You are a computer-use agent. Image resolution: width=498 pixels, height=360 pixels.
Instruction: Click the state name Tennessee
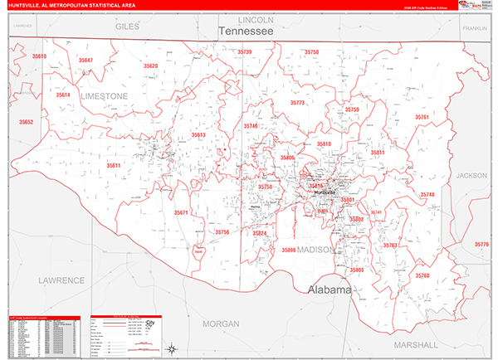[246, 31]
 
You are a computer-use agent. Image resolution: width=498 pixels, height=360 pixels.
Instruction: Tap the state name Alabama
[330, 290]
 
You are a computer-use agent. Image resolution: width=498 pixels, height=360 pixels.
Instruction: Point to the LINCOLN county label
[255, 19]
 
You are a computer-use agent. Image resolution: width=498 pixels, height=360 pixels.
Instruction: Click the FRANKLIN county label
[475, 27]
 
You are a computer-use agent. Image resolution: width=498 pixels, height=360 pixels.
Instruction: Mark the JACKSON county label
[471, 176]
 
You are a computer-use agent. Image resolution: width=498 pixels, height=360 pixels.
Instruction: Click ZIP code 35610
[39, 56]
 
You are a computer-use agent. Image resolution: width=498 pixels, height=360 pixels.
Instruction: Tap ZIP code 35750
[311, 52]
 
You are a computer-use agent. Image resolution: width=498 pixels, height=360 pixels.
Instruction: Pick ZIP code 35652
[27, 122]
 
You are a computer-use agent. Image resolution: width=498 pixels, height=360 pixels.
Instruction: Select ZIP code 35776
[481, 245]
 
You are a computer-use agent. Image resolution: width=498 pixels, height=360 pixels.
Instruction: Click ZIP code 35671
[182, 213]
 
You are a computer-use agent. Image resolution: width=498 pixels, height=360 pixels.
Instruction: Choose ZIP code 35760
[422, 275]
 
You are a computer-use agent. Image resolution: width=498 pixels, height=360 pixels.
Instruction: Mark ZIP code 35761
[422, 118]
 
